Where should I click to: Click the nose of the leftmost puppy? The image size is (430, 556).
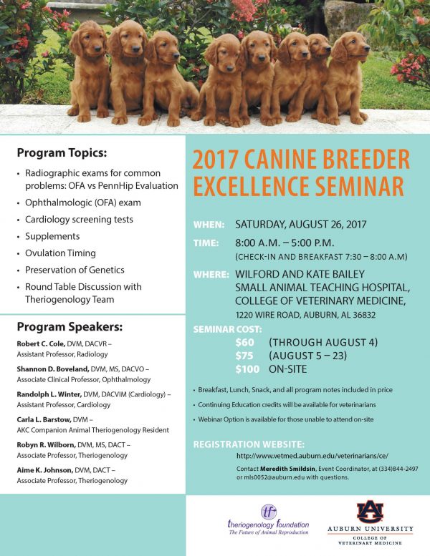point(97,49)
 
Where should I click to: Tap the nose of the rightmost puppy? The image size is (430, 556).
point(367,49)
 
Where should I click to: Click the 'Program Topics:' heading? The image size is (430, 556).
point(62,153)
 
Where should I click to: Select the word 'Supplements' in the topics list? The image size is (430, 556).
point(52,236)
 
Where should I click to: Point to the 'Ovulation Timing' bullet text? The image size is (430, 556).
point(60,253)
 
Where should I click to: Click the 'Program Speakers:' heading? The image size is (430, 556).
point(70,326)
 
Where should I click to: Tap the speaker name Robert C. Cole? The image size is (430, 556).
point(41,343)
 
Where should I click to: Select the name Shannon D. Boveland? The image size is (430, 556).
point(53,369)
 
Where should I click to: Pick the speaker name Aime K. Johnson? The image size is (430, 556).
point(44,470)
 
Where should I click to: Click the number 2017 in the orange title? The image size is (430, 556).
point(215,160)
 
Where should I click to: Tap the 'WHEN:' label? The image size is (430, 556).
point(209,225)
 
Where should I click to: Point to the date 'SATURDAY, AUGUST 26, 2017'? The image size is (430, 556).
point(301,225)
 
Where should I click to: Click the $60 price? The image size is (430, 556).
point(244,343)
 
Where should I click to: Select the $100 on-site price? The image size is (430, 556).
point(247,369)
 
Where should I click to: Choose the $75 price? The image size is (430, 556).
point(244,356)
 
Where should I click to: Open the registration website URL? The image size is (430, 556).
point(312,456)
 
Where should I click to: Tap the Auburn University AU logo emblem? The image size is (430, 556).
point(370,512)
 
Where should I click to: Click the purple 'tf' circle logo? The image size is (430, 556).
point(269,512)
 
